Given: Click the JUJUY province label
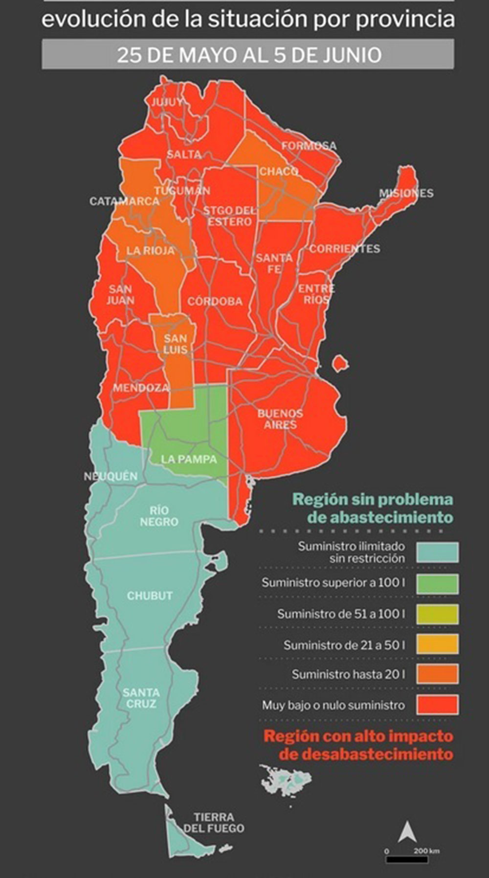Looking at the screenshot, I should (167, 102).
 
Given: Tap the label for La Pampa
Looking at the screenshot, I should (189, 459).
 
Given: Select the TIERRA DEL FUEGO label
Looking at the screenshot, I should (214, 823).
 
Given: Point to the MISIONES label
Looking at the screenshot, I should (406, 193).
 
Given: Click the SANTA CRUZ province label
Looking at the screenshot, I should (141, 698).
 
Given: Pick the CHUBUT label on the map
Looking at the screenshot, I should (150, 596).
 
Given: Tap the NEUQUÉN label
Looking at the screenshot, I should (111, 476).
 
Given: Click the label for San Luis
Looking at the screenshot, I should (175, 344).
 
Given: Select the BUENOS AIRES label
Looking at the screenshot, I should (280, 419).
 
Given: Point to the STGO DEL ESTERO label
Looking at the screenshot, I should (229, 216).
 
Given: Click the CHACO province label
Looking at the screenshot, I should (279, 171).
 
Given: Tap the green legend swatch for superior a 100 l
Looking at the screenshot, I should (438, 584).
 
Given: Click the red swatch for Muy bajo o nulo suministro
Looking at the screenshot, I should (438, 705).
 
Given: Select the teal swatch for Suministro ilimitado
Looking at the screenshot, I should (438, 552).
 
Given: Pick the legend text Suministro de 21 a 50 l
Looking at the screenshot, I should (344, 645).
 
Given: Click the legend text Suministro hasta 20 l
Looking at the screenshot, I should (348, 674).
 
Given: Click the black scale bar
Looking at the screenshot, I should (407, 859).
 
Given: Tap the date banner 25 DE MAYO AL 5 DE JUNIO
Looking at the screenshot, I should (248, 54).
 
